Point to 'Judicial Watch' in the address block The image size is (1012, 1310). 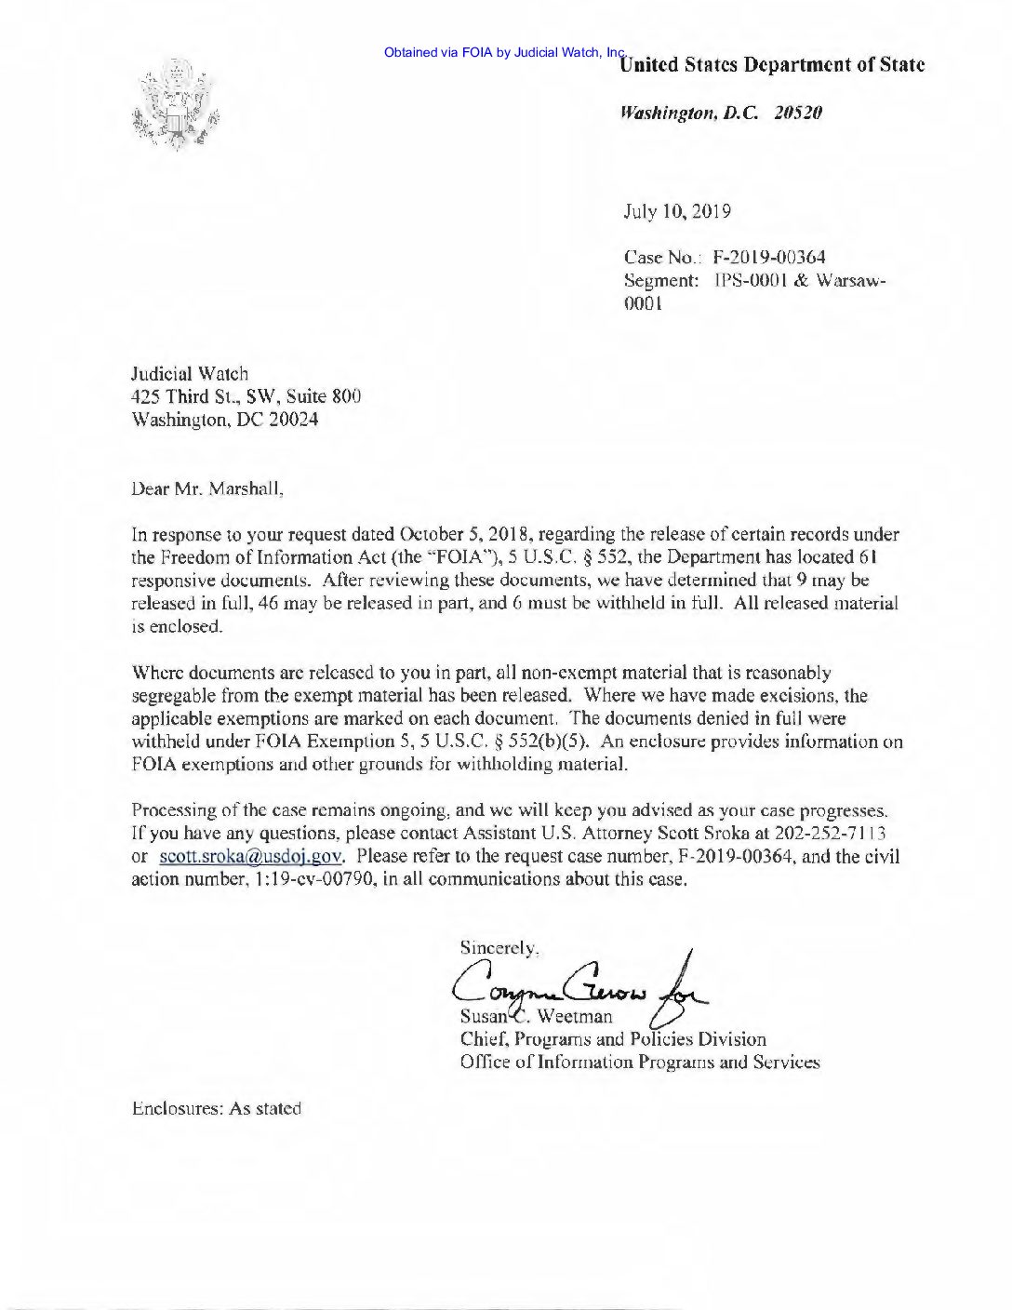(190, 374)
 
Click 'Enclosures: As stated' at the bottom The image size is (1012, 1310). (217, 1108)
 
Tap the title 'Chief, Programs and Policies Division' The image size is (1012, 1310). (613, 1038)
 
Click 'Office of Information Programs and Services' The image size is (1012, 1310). (640, 1062)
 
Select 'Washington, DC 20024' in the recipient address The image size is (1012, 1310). (226, 420)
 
